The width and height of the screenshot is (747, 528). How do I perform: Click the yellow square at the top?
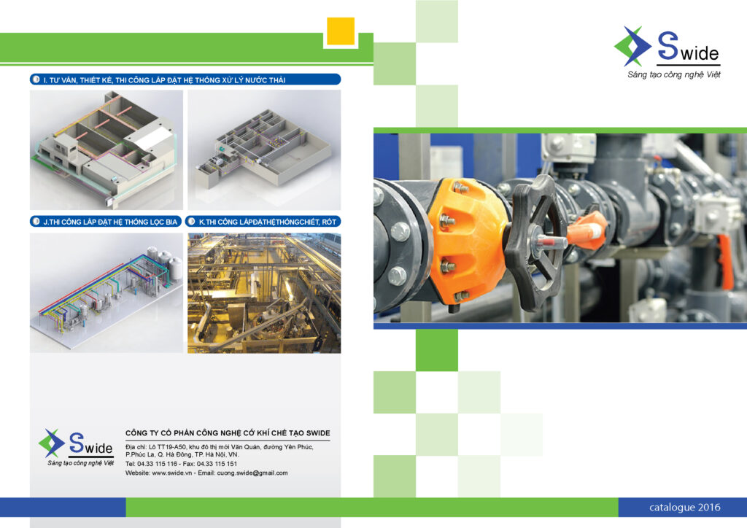click(341, 31)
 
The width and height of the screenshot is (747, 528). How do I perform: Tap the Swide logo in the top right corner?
click(667, 47)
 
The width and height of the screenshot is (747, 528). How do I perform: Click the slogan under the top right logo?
click(673, 74)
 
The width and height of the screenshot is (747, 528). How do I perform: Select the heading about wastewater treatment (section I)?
click(164, 80)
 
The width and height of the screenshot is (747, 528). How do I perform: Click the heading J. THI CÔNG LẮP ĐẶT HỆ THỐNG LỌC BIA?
click(110, 222)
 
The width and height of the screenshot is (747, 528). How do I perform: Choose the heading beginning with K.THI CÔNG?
click(267, 222)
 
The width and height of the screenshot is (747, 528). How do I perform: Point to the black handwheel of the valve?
click(533, 243)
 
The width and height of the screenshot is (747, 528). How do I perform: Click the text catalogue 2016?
click(684, 508)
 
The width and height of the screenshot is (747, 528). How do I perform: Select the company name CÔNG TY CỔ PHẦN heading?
click(228, 433)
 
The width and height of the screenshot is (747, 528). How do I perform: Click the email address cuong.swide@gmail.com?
click(252, 473)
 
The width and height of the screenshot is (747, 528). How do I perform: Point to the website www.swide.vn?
click(171, 473)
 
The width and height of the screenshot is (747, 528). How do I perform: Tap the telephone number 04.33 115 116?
click(158, 464)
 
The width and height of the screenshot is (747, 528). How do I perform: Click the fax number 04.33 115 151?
click(217, 464)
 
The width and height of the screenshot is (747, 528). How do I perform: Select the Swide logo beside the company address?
click(76, 446)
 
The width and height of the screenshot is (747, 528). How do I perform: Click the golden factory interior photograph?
click(264, 292)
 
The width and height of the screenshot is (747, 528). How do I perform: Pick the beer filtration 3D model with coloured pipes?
click(107, 292)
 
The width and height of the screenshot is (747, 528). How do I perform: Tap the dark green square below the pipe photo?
click(436, 350)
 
